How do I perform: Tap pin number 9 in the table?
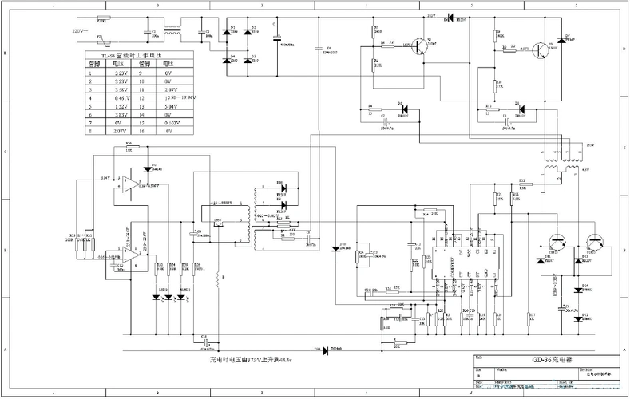(145, 72)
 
